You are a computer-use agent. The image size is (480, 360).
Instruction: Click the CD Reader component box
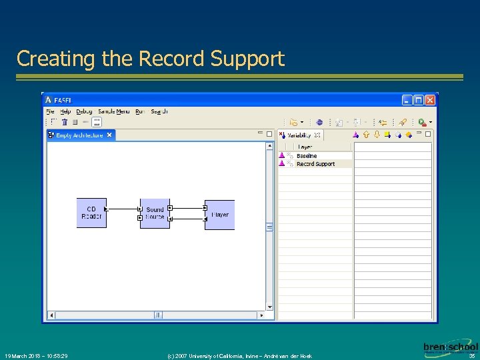[91, 213]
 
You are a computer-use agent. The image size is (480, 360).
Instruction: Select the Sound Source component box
[155, 213]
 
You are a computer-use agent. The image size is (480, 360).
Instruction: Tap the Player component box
[220, 215]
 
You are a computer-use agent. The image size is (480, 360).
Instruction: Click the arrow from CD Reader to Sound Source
[123, 209]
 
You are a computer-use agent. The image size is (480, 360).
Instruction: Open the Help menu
[65, 111]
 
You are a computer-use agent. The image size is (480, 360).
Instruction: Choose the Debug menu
[84, 111]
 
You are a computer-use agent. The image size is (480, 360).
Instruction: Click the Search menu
[159, 111]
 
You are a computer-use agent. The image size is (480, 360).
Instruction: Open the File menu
[51, 111]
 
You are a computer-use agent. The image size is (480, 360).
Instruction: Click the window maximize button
[418, 100]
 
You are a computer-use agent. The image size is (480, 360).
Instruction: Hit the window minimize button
[407, 100]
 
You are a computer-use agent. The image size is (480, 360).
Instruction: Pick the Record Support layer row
[315, 164]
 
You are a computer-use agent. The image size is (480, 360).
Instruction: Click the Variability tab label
[299, 135]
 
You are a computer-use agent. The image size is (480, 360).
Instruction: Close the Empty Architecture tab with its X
[109, 135]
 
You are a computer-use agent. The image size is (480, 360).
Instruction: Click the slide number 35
[472, 356]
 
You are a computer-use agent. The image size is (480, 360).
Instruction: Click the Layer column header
[305, 147]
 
